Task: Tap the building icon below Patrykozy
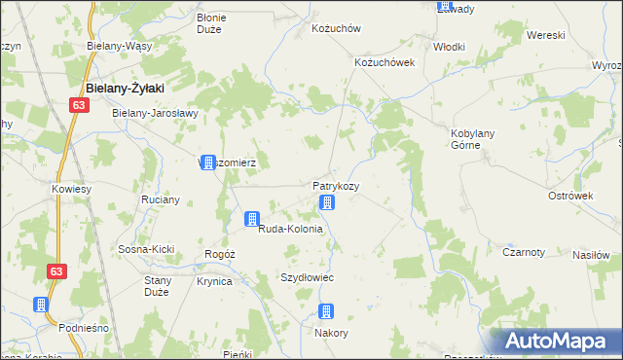[327, 202]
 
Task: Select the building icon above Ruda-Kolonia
[252, 219]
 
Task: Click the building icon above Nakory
[326, 311]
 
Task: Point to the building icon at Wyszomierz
[207, 162]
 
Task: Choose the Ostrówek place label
[570, 196]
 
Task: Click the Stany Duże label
[158, 286]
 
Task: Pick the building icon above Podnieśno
[42, 305]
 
